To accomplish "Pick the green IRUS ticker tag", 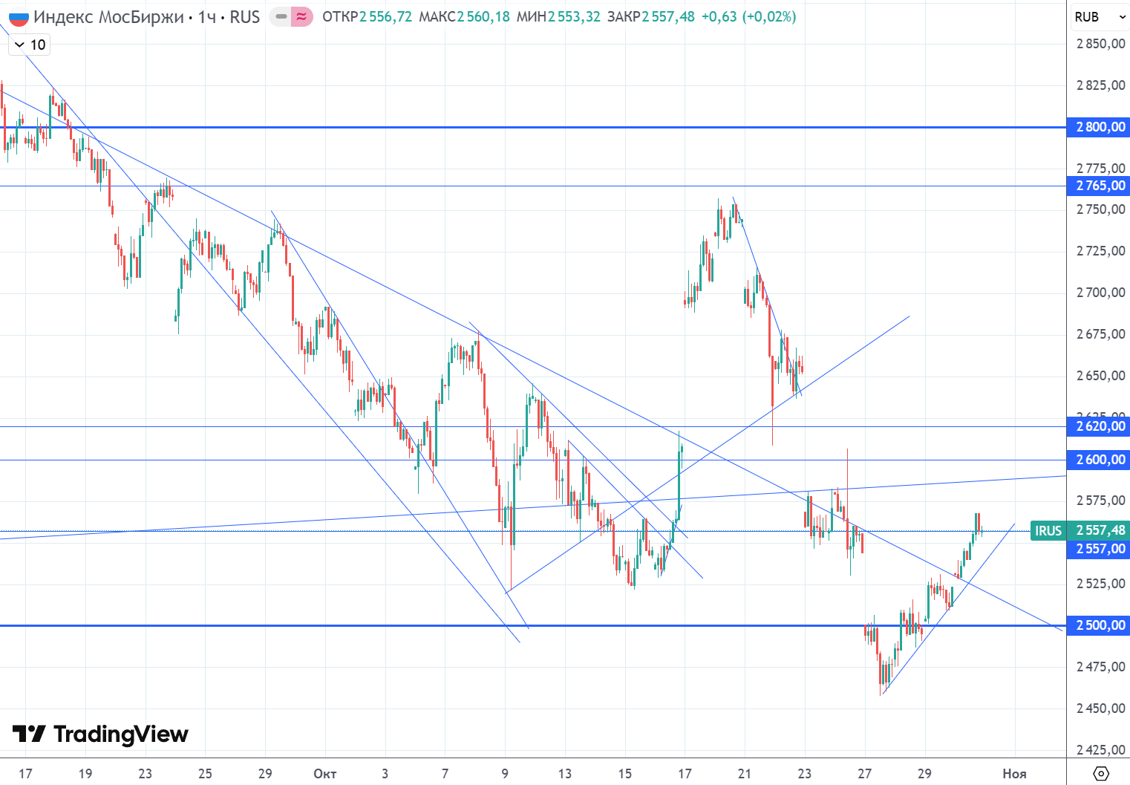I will (1048, 530).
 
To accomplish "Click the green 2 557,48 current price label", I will (1100, 530).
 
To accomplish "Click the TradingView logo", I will (101, 734).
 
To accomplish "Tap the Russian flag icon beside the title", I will (19, 17).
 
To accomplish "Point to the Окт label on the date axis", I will (324, 774).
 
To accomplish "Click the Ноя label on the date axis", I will (1014, 774).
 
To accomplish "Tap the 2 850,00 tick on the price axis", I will (1100, 44).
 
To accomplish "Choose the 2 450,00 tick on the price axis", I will (1100, 709).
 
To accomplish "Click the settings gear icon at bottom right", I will (1101, 774).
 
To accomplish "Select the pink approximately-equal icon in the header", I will (301, 16).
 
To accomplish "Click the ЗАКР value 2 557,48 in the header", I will (668, 16).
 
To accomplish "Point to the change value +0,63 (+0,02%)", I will (748, 16).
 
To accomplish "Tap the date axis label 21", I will (745, 774).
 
